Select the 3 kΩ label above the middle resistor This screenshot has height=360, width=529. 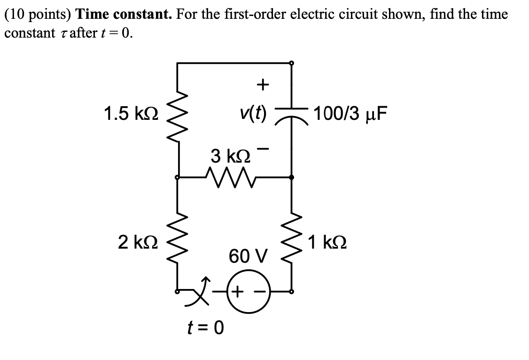230,156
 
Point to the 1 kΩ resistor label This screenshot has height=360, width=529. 327,243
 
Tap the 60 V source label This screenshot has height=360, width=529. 248,257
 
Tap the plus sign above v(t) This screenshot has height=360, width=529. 263,85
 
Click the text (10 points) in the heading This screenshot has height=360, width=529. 38,14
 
